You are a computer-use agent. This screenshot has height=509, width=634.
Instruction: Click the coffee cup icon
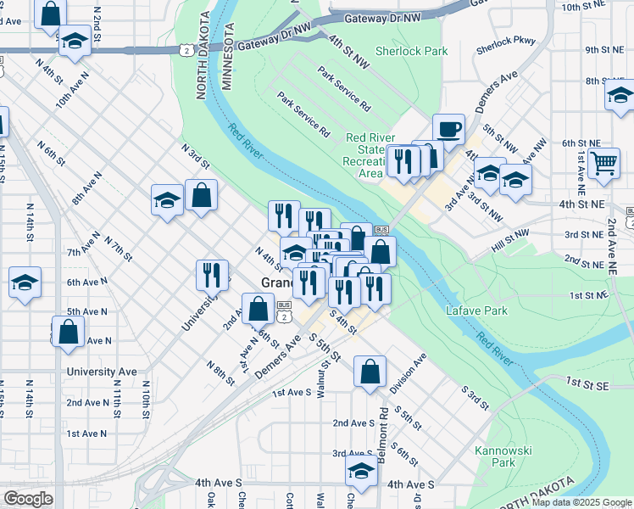coord(448,130)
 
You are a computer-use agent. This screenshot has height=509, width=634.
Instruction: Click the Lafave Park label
coord(477,310)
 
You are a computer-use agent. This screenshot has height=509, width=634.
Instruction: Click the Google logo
coord(27,499)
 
